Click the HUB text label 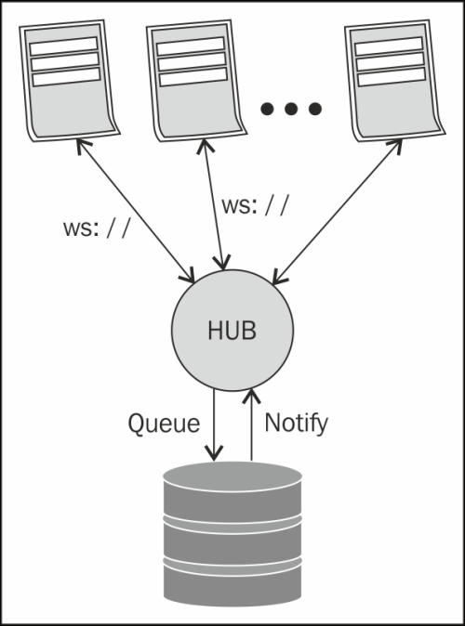[232, 331]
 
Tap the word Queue [164, 424]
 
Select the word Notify [297, 424]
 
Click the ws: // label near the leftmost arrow [97, 228]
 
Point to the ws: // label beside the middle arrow [255, 205]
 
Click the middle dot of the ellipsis [291, 109]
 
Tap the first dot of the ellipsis [267, 109]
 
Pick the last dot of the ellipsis [315, 109]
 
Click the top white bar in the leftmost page [63, 46]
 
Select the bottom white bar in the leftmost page [66, 77]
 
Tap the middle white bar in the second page [192, 61]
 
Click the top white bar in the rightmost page [389, 46]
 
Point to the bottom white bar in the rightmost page [392, 77]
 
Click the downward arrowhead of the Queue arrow [214, 453]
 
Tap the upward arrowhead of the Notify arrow [251, 396]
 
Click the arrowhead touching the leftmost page [83, 145]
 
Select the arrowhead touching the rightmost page [395, 146]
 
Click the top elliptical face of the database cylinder [232, 476]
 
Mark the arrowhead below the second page [206, 146]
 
